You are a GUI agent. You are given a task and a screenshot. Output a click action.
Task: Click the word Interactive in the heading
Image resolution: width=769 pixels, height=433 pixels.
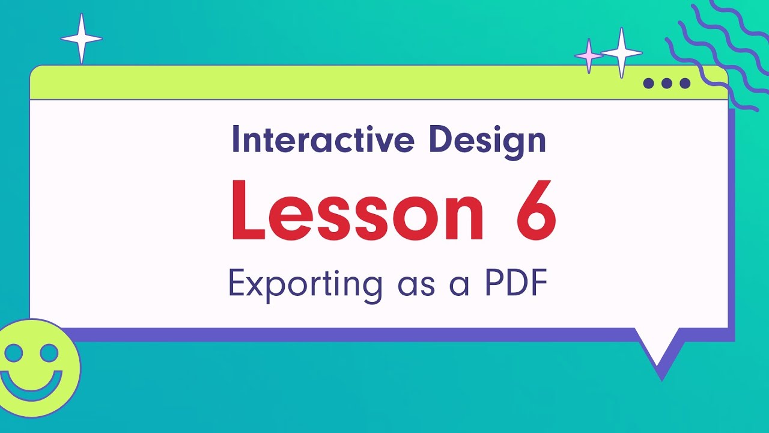pyautogui.click(x=323, y=140)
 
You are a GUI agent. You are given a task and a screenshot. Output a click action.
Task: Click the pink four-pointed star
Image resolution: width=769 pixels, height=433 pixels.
pyautogui.click(x=589, y=56)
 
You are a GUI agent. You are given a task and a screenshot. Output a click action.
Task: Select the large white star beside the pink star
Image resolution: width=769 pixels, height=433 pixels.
pyautogui.click(x=622, y=53)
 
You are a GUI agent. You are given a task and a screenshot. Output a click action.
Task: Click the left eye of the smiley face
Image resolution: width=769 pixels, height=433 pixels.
pyautogui.click(x=13, y=352)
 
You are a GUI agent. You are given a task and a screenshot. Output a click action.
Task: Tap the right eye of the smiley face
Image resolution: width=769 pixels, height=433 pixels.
pyautogui.click(x=49, y=352)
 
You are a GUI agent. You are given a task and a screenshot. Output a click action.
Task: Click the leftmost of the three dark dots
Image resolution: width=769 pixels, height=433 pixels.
pyautogui.click(x=648, y=83)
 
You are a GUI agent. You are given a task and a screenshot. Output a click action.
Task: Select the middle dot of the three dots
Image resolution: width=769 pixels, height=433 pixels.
pyautogui.click(x=666, y=83)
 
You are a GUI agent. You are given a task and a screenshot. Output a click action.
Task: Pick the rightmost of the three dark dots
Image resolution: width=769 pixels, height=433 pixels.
pyautogui.click(x=685, y=83)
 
